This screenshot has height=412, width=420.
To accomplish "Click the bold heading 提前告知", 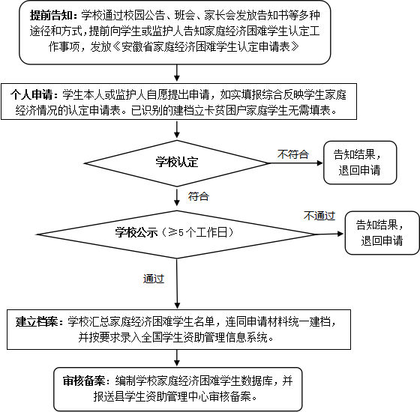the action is click(x=51, y=15).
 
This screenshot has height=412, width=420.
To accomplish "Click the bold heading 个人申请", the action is click(x=31, y=94).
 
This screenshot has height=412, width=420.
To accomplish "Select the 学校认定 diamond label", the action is click(x=177, y=163).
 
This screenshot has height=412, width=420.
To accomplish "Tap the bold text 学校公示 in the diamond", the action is click(x=136, y=232).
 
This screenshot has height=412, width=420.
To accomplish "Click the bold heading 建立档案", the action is click(x=37, y=321).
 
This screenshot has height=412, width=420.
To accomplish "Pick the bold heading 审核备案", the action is click(x=84, y=381).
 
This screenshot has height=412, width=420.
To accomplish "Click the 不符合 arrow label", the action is click(x=293, y=154).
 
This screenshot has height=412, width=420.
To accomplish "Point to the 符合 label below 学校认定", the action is click(x=199, y=196).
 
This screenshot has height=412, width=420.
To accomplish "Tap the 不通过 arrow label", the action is click(x=319, y=216).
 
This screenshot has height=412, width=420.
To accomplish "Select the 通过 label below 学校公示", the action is click(x=154, y=279).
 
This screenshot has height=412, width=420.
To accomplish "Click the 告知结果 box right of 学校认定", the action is click(x=360, y=163).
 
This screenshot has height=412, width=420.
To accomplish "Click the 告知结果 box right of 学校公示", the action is click(x=382, y=233).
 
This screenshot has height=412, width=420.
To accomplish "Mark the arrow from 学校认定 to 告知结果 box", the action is click(x=295, y=163).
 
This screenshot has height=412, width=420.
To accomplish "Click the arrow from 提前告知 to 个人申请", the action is click(x=177, y=73).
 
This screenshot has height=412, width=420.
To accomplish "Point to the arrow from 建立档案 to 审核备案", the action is click(x=177, y=358).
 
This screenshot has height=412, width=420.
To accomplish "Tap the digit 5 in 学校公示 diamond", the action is click(x=181, y=233).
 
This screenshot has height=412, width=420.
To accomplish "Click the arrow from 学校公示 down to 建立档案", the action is click(x=177, y=284).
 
